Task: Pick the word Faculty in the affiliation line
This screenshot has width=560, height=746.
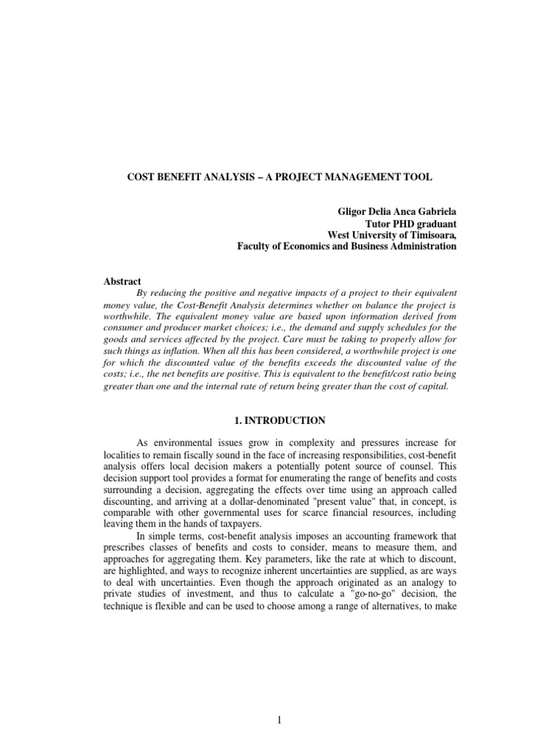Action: tap(257, 246)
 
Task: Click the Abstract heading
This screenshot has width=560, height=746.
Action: tap(124, 281)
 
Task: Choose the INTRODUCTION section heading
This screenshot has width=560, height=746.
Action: tap(287, 421)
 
